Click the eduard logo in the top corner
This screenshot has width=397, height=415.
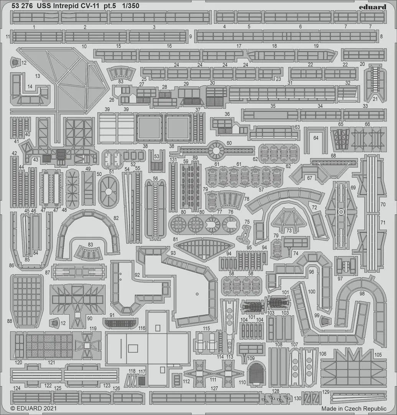tap(372, 7)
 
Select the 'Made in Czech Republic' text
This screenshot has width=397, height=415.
tap(354, 408)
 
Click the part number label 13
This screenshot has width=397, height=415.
tap(37, 76)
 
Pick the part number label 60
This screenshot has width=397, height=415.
tap(229, 143)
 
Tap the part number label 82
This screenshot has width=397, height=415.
tap(116, 218)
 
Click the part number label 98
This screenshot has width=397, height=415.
tap(362, 294)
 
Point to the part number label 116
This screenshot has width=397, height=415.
tap(142, 328)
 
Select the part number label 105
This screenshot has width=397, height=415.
tap(378, 355)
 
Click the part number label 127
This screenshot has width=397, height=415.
tap(214, 388)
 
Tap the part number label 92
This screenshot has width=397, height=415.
tap(137, 275)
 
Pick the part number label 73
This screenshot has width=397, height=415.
tap(289, 231)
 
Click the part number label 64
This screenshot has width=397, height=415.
tap(316, 138)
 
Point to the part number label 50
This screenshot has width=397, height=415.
tap(99, 174)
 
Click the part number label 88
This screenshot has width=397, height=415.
tap(10, 321)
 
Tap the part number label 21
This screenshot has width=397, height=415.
tap(376, 99)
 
